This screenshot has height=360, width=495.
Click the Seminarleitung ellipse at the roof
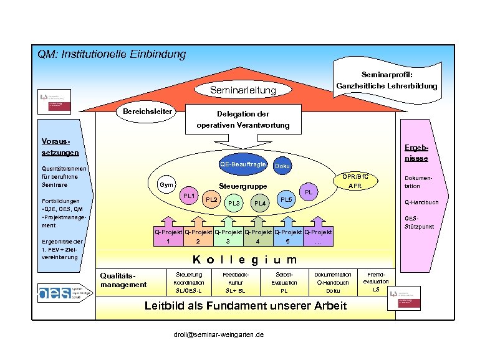(243, 91)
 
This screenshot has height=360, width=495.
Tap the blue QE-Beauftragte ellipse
(243, 164)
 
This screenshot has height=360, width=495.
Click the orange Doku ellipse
(282, 166)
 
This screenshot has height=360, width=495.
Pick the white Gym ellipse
(166, 185)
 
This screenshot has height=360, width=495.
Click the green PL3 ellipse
(234, 203)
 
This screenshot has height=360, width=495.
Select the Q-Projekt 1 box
(168, 237)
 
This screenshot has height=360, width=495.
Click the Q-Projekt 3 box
(228, 237)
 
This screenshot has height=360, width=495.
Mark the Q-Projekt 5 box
(287, 237)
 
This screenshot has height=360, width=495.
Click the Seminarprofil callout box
(387, 80)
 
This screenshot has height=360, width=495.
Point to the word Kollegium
(244, 259)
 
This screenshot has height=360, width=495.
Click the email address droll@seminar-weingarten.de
(218, 334)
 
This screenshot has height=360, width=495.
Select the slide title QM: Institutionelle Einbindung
(112, 54)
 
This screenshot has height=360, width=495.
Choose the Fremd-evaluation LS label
(376, 282)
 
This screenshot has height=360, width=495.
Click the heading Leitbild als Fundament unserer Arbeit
(246, 305)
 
